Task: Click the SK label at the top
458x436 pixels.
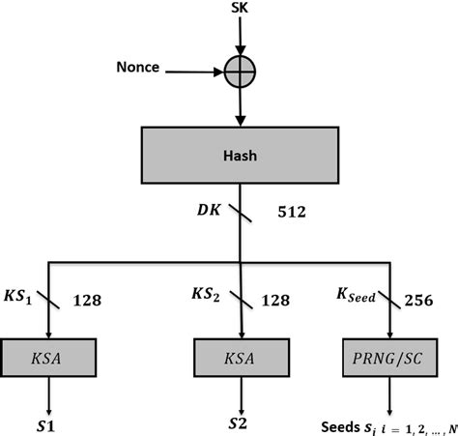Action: (x=238, y=10)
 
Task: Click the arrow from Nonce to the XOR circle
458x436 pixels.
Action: (x=198, y=70)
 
